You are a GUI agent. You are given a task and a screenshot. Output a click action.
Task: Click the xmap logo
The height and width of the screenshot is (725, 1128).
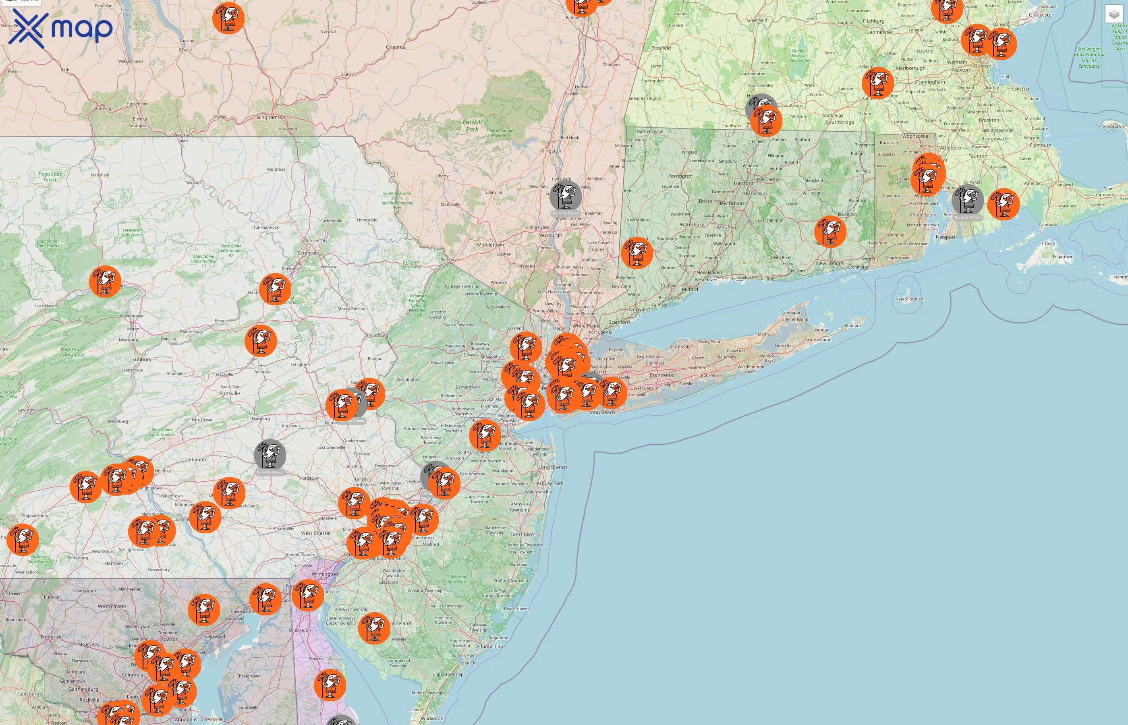60,28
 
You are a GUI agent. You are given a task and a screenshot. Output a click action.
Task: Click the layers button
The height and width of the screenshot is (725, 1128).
1114,14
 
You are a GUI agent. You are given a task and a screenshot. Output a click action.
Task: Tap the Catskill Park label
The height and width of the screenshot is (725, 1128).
472,125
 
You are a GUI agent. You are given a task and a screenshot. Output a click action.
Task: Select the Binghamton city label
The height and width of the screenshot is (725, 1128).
271,117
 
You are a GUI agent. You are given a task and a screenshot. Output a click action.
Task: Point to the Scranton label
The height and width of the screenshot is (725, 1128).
307,253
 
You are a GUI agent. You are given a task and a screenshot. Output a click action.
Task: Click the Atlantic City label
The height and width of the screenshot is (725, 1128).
489,646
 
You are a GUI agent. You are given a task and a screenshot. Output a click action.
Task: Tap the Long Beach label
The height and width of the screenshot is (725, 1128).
601,412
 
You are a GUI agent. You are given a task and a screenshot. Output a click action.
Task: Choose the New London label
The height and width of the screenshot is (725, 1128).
830,263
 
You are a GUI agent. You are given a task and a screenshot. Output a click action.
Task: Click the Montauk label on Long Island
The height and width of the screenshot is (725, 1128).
853,326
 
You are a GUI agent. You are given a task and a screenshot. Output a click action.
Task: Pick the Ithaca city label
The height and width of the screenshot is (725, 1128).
185,50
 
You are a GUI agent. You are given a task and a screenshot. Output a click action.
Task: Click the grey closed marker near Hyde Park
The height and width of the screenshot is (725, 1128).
566,196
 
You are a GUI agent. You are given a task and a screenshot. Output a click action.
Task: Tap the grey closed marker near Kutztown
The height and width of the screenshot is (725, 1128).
270,455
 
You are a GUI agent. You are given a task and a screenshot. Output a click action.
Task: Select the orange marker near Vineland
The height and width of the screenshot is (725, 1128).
374,628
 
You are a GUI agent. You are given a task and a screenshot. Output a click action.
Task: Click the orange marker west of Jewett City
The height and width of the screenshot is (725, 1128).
830,231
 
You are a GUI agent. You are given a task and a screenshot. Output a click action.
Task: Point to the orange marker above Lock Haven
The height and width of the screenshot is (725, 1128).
105,281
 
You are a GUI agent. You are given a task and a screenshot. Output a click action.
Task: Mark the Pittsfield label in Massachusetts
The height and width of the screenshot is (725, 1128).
661,48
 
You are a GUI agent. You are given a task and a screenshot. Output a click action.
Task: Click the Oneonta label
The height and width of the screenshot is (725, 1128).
396,47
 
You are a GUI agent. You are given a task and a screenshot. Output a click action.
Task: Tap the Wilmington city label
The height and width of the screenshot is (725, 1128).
324,574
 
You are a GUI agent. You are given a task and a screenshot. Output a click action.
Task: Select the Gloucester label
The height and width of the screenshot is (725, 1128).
1041,14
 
